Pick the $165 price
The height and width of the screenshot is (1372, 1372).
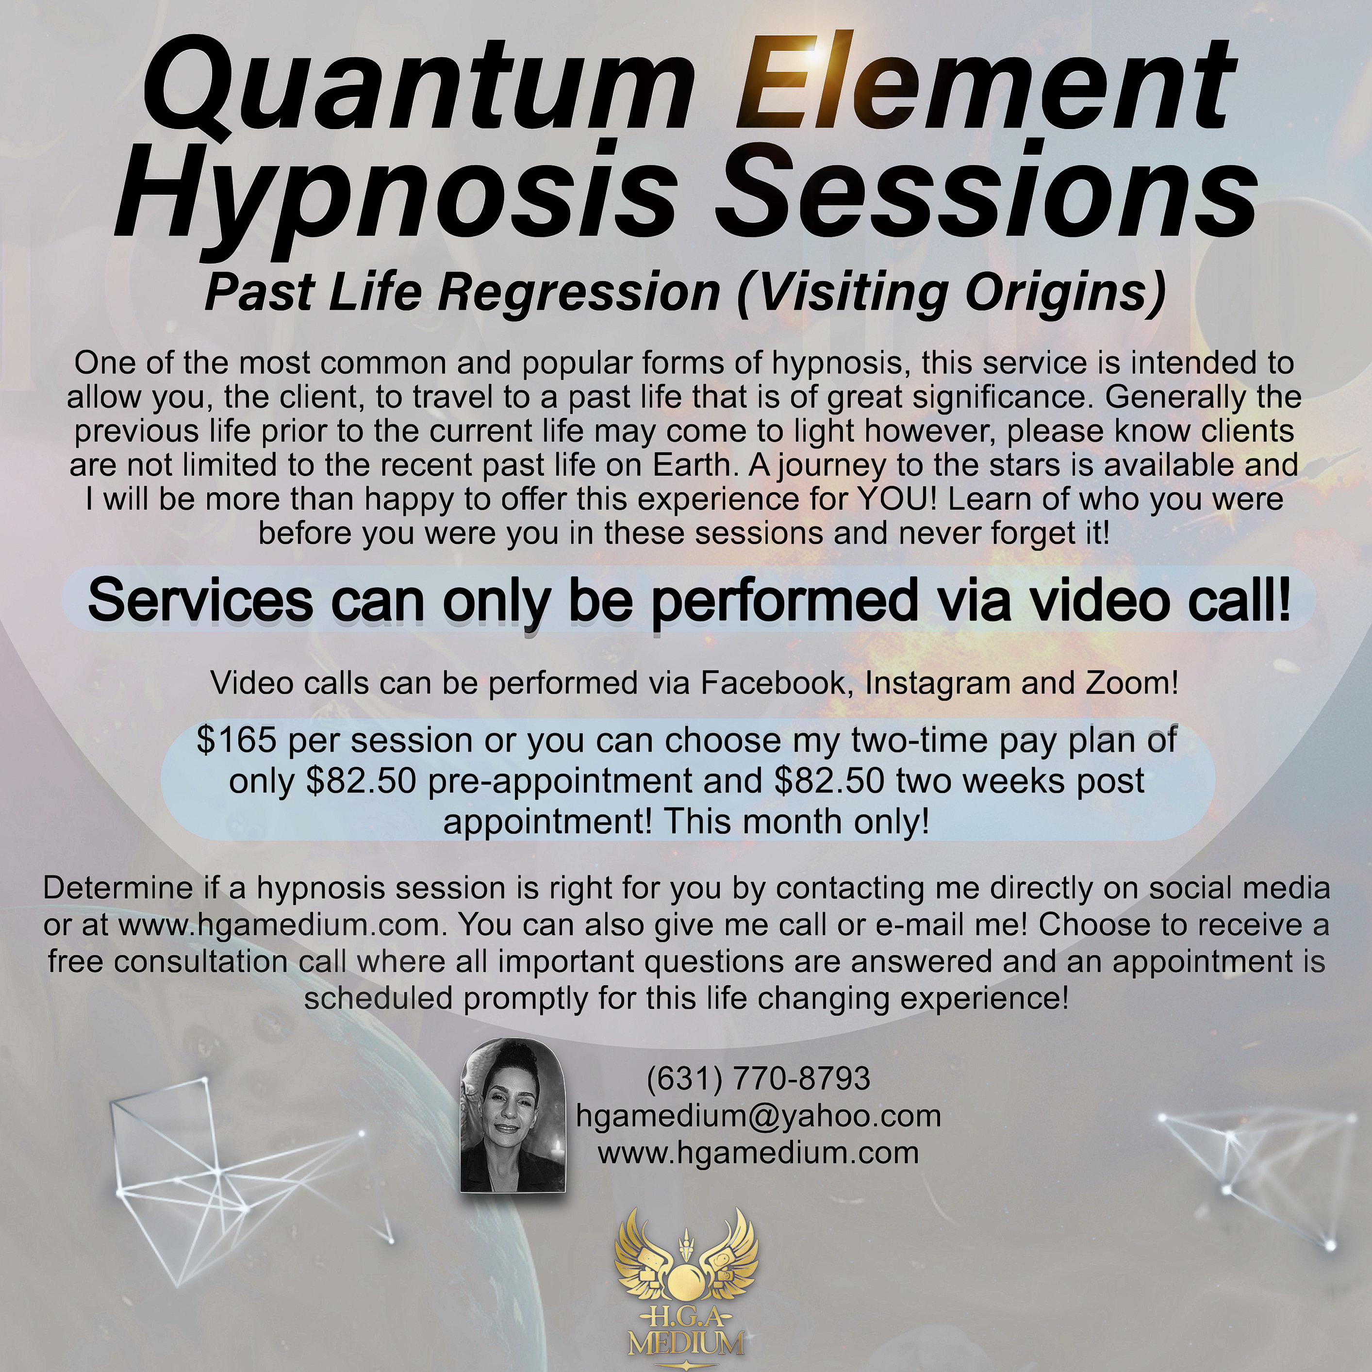click(x=236, y=741)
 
